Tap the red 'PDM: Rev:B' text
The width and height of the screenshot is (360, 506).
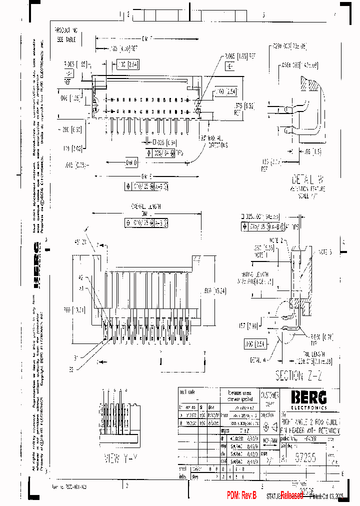pos(241,495)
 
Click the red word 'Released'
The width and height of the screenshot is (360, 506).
pos(291,495)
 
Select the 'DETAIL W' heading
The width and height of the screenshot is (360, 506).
pos(308,179)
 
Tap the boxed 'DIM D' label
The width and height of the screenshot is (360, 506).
pos(131,163)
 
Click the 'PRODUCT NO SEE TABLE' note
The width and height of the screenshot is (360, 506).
pos(66,33)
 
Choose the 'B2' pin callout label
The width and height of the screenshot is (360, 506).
pos(71,368)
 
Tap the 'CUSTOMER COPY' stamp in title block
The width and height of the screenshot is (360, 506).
pos(269,398)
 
